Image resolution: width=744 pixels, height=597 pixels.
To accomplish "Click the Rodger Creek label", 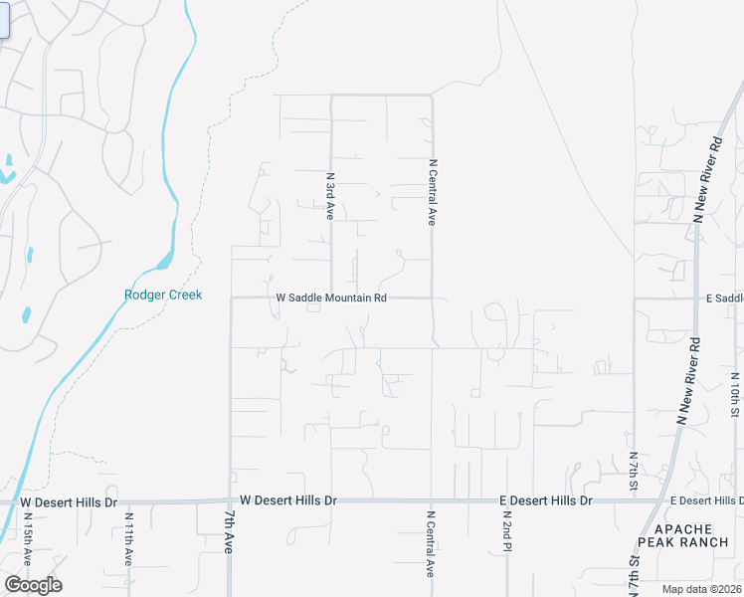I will click(x=163, y=295).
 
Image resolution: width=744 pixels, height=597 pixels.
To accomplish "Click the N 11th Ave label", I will click(x=128, y=539).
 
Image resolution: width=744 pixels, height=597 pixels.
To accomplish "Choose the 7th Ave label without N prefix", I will click(x=228, y=532).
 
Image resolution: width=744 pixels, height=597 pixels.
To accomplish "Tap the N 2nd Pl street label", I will click(x=506, y=536).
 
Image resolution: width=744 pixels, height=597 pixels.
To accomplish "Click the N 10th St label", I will click(x=735, y=395).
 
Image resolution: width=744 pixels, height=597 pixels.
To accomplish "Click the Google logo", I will click(x=33, y=585).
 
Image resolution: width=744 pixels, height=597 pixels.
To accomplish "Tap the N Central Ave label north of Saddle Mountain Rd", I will click(x=433, y=191).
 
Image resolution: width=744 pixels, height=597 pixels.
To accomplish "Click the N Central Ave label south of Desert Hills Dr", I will click(x=432, y=544).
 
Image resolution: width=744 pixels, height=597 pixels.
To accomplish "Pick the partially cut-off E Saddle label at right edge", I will click(x=724, y=298).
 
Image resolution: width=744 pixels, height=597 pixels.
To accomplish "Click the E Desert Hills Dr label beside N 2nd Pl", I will click(x=545, y=500).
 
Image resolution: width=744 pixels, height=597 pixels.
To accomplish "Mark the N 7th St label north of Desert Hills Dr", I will click(x=633, y=471).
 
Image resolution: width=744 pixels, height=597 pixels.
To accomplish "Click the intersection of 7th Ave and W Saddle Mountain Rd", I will click(x=231, y=298).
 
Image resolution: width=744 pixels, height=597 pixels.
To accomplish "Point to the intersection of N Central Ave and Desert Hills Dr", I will click(x=431, y=500).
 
